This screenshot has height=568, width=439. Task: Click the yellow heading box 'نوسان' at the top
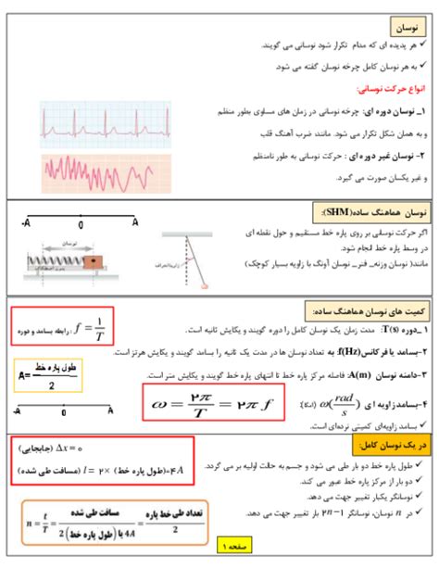[406, 27]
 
